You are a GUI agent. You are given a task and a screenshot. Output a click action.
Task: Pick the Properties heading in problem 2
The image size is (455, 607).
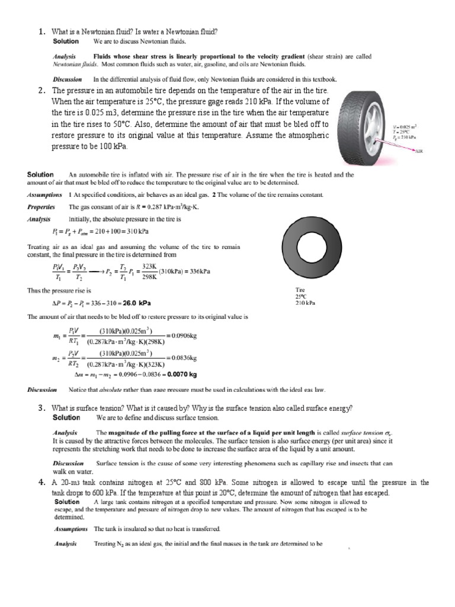pos(41,207)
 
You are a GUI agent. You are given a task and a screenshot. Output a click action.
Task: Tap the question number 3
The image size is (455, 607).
pos(41,408)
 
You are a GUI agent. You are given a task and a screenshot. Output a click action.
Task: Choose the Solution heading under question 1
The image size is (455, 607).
pos(66,41)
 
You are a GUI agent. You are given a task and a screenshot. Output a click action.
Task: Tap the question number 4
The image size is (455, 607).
pos(41,483)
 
